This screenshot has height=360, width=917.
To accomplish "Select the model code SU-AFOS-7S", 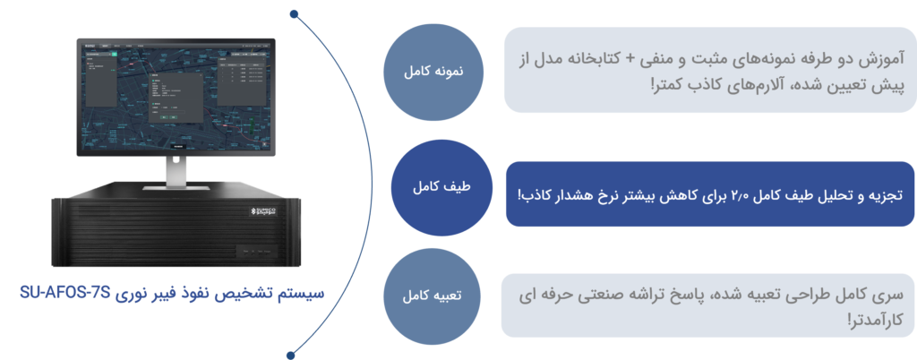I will tap(65, 293).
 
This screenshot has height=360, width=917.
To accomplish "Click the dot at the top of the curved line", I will tap(294, 14).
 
